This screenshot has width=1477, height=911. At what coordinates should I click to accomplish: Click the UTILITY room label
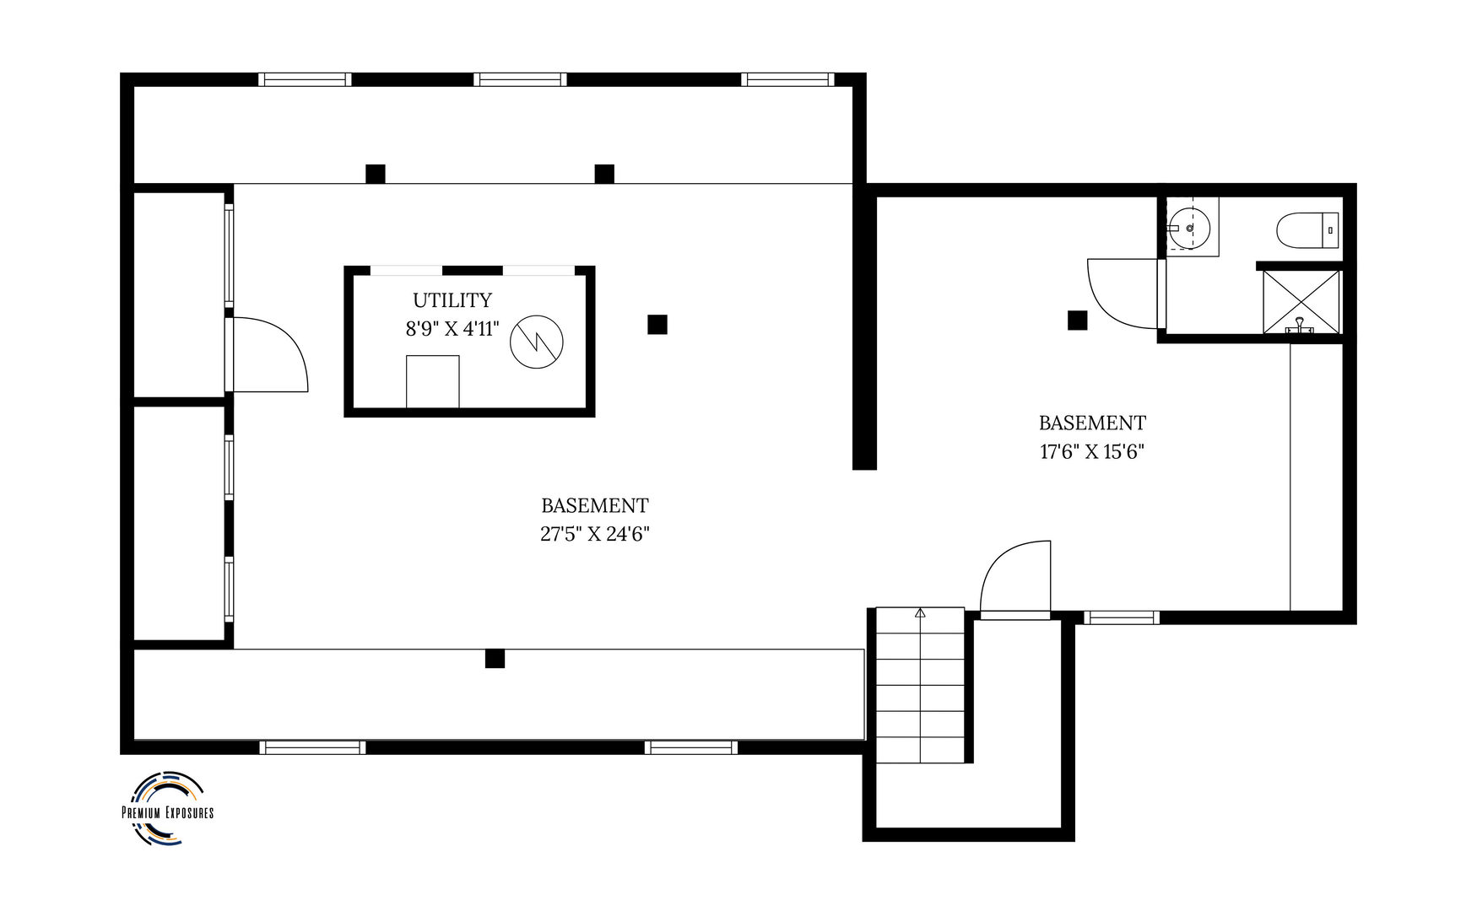click(x=452, y=300)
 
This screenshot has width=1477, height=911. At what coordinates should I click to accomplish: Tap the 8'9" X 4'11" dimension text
click(x=452, y=329)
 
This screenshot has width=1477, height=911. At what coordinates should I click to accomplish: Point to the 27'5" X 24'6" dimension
click(x=595, y=534)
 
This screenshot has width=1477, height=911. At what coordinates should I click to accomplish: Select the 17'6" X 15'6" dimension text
click(x=1092, y=451)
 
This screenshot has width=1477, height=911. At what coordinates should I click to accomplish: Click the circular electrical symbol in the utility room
click(x=537, y=340)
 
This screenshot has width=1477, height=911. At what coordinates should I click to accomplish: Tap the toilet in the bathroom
click(x=1307, y=230)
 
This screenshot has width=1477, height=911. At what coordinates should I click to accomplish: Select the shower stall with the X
click(x=1301, y=302)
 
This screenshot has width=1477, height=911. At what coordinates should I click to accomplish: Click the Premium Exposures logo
click(x=168, y=807)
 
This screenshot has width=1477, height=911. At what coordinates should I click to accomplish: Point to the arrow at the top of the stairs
click(x=920, y=613)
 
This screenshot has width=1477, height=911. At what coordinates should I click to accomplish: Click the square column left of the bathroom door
click(x=1077, y=321)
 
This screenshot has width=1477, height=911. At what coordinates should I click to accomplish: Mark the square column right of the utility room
click(x=657, y=324)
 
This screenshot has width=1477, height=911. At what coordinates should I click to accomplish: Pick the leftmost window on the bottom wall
click(x=312, y=747)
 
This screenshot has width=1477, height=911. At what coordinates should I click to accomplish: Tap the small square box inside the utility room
click(x=433, y=381)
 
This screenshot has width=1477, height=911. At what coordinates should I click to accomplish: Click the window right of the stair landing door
click(x=1122, y=617)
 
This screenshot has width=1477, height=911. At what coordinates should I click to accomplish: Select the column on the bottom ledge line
click(x=495, y=658)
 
